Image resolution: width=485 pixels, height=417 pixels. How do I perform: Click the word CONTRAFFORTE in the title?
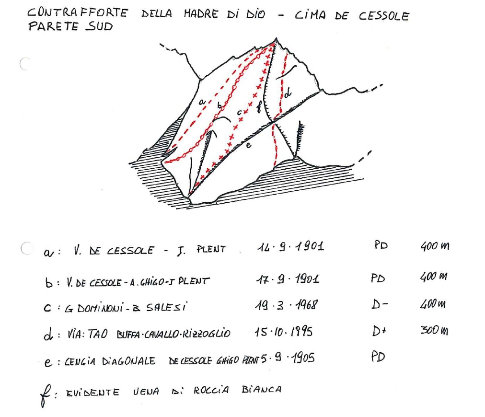coord(77,12)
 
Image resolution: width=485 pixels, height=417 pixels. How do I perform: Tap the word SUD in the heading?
coord(99,26)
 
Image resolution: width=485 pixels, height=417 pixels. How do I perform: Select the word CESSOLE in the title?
coord(384,16)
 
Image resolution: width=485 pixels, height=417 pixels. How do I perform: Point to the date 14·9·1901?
coord(290,246)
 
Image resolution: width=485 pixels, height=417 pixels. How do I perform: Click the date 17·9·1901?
coord(288,279)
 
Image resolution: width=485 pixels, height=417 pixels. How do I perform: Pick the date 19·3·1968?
coord(286,305)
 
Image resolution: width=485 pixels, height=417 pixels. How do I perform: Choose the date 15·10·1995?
coord(284,332)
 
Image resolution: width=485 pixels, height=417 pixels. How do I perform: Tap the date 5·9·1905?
coord(288,358)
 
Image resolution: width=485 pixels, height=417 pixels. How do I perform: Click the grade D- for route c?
coord(379,305)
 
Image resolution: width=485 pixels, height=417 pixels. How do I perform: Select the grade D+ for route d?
coord(379,331)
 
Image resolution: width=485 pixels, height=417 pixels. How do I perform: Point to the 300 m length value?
coord(434,330)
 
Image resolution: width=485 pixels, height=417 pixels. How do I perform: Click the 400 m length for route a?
coord(435,246)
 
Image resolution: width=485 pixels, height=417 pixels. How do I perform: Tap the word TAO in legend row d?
coord(98,334)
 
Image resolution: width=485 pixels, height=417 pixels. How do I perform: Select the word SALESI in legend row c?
coord(166,307)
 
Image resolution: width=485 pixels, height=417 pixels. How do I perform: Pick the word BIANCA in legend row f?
coord(262,389)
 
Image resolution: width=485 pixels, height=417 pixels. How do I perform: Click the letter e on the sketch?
coord(248,145)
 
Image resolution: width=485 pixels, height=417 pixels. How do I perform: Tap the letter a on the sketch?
coord(202,101)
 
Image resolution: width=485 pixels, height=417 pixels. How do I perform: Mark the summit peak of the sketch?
coord(276,39)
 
